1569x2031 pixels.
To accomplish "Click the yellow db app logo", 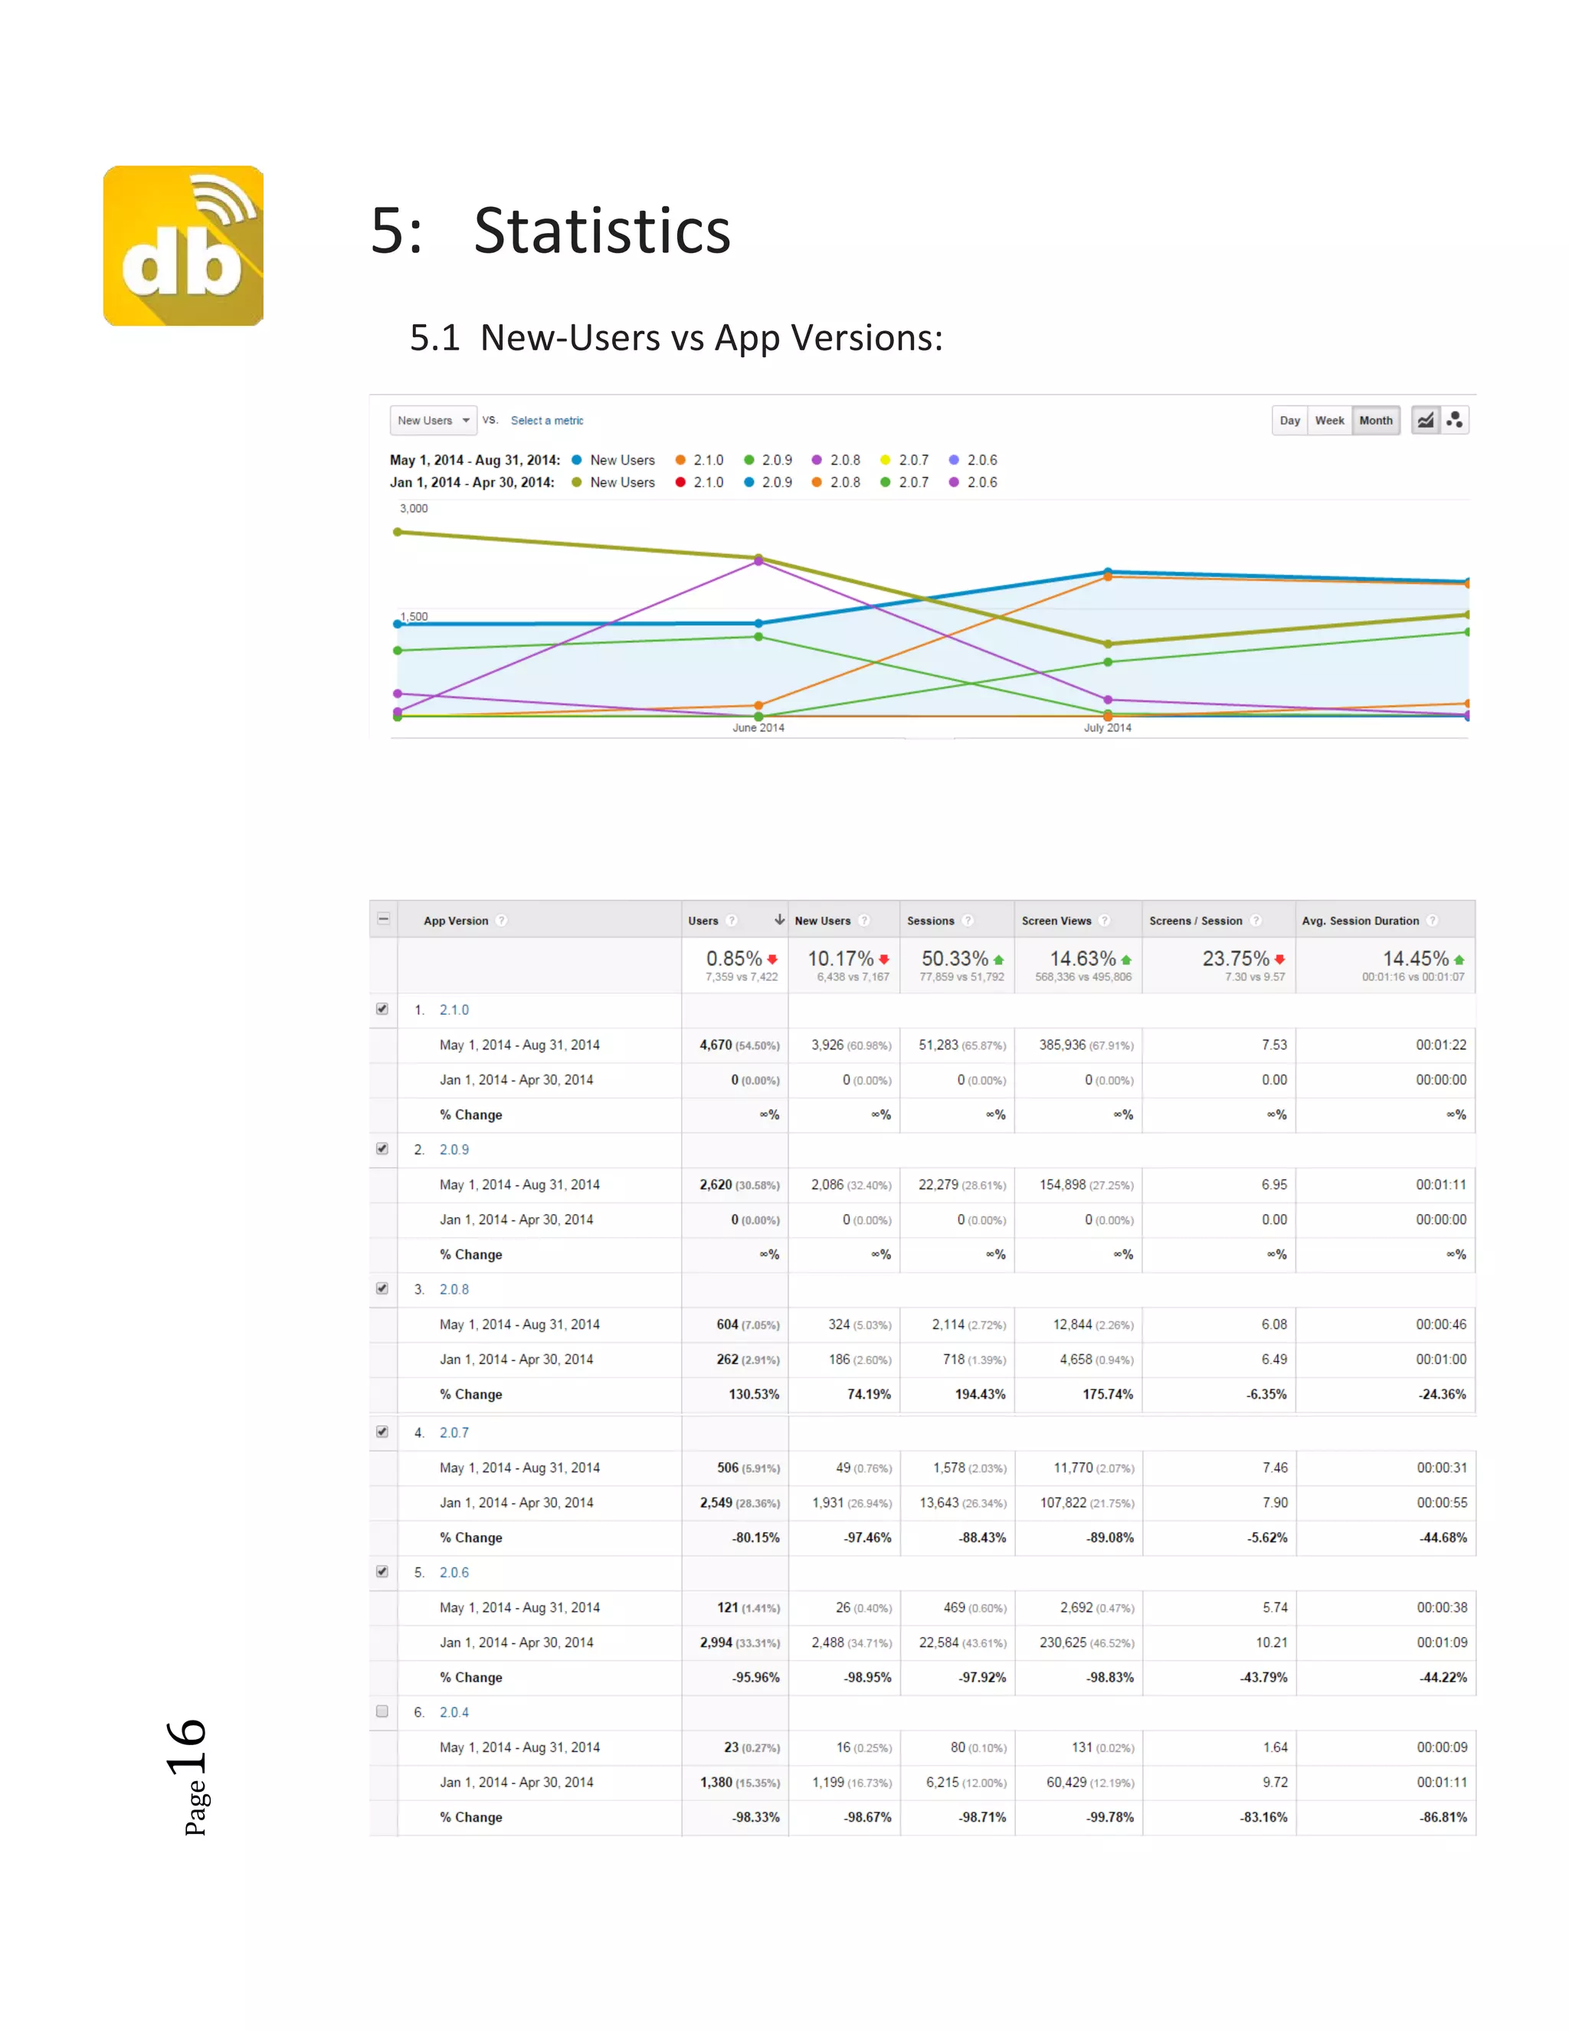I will click(x=183, y=245).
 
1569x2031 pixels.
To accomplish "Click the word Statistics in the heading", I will click(x=601, y=231).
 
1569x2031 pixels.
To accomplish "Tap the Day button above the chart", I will click(x=1289, y=420).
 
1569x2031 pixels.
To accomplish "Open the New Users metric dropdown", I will click(x=433, y=420).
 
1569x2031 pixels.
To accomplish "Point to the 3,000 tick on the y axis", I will click(x=414, y=509).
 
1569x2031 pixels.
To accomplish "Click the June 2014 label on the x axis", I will click(x=758, y=728).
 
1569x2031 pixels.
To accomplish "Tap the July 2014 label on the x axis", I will click(x=1107, y=728).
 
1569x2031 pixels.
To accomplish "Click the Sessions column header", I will click(x=930, y=920).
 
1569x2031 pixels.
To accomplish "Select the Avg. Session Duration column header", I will click(x=1360, y=920).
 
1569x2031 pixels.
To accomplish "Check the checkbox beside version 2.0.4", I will click(x=382, y=1711).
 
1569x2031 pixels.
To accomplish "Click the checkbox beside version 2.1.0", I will click(x=382, y=1009).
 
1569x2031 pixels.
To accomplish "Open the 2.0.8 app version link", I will click(x=454, y=1289).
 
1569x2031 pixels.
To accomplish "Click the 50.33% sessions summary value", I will click(x=955, y=959).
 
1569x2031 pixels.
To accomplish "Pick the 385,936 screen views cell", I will click(x=1063, y=1045).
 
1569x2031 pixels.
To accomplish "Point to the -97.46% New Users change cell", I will click(x=867, y=1538).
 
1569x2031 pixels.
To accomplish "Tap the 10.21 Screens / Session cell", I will click(x=1272, y=1642).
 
